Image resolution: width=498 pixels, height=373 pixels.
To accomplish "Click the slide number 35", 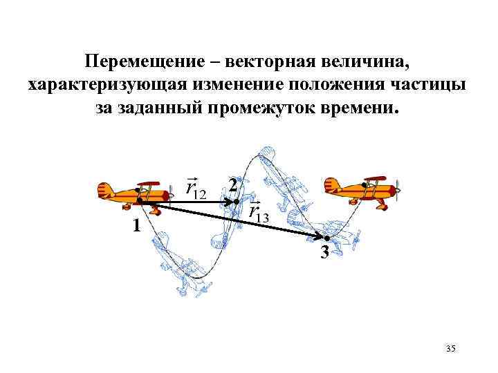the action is (451, 350).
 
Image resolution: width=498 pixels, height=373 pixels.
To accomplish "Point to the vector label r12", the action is (196, 187).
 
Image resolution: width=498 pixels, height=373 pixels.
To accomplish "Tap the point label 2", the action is (233, 186).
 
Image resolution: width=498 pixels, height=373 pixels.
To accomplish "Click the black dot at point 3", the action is (327, 238).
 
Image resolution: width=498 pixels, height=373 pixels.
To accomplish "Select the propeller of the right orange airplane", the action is (397, 188).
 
